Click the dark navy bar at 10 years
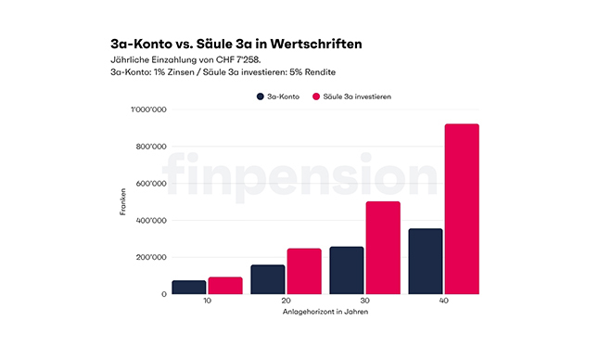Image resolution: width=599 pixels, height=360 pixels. point(188,287)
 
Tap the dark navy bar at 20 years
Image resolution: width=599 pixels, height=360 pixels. point(268,279)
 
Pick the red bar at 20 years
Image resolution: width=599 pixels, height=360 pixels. point(303,271)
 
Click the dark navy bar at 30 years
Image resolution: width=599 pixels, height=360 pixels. point(346,270)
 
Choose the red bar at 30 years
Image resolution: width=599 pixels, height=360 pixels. point(382,248)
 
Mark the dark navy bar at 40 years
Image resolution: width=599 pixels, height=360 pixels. point(426,261)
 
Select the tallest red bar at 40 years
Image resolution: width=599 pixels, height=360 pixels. point(461,209)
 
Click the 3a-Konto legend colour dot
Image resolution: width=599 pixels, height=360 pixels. point(261,96)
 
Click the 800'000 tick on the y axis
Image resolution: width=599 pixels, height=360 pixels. point(151,147)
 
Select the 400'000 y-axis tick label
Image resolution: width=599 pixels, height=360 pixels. point(151,221)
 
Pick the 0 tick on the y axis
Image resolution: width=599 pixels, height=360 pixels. point(164,294)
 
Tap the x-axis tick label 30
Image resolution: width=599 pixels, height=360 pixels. point(364,302)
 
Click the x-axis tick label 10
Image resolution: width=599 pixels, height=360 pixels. point(206,302)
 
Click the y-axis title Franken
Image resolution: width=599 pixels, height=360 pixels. point(122,202)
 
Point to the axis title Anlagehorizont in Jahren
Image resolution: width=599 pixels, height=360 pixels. point(325,312)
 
